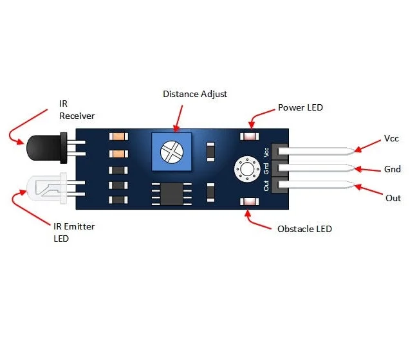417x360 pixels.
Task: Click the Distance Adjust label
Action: tap(195, 94)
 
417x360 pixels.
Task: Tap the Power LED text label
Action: tap(300, 107)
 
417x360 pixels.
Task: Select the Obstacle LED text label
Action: tap(304, 229)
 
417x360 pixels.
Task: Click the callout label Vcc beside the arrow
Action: tap(391, 138)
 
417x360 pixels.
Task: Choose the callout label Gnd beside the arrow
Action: tap(393, 169)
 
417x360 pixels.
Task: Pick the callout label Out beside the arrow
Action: tap(393, 197)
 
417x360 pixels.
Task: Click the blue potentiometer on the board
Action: tap(171, 152)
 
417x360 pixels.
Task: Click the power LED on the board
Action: tap(248, 137)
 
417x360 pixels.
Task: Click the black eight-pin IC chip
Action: tap(171, 192)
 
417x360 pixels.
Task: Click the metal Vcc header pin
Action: tap(319, 152)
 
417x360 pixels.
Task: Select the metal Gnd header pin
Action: tap(319, 169)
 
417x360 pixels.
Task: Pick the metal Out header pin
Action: tap(319, 186)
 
